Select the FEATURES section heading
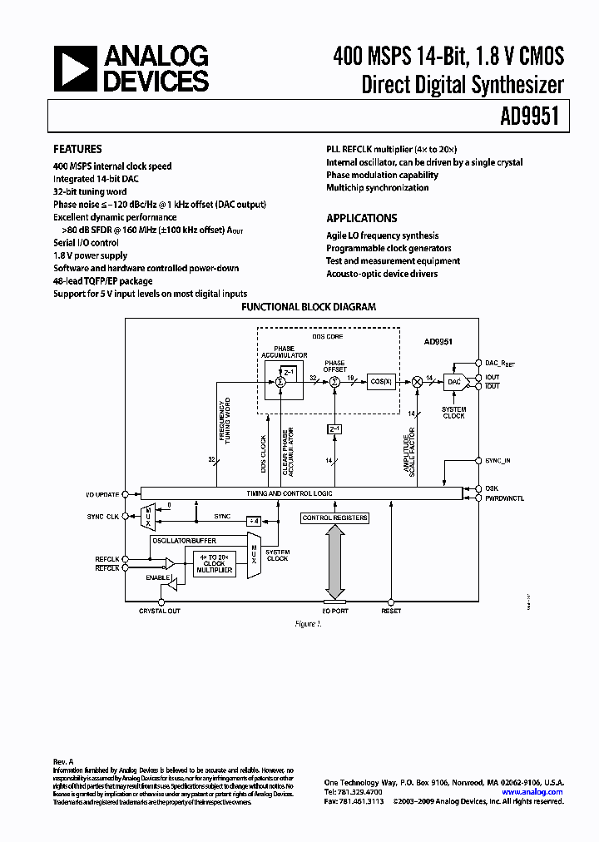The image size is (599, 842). point(77,149)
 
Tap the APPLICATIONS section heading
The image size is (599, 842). point(361,218)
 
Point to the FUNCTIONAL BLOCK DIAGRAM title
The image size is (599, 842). point(308,307)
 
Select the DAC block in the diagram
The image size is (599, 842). point(453,381)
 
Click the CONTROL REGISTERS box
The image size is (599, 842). point(334,518)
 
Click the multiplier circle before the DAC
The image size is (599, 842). point(416,381)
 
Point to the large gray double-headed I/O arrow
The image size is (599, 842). point(334,562)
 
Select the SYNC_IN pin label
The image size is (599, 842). point(498,459)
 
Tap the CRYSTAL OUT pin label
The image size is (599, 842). point(160,611)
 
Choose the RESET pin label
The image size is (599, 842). point(391,611)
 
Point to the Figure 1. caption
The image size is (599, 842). point(308,624)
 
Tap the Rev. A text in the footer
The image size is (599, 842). point(64,761)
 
